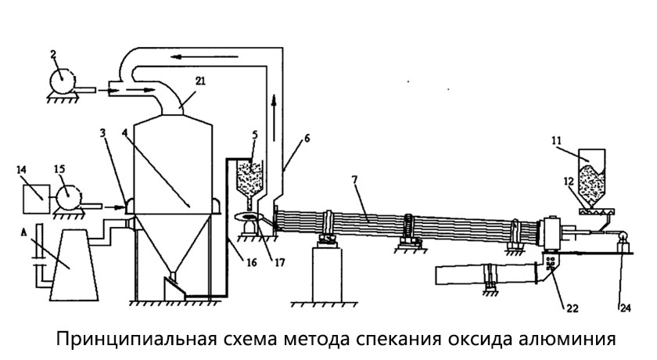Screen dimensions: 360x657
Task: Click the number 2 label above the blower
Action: [52, 55]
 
